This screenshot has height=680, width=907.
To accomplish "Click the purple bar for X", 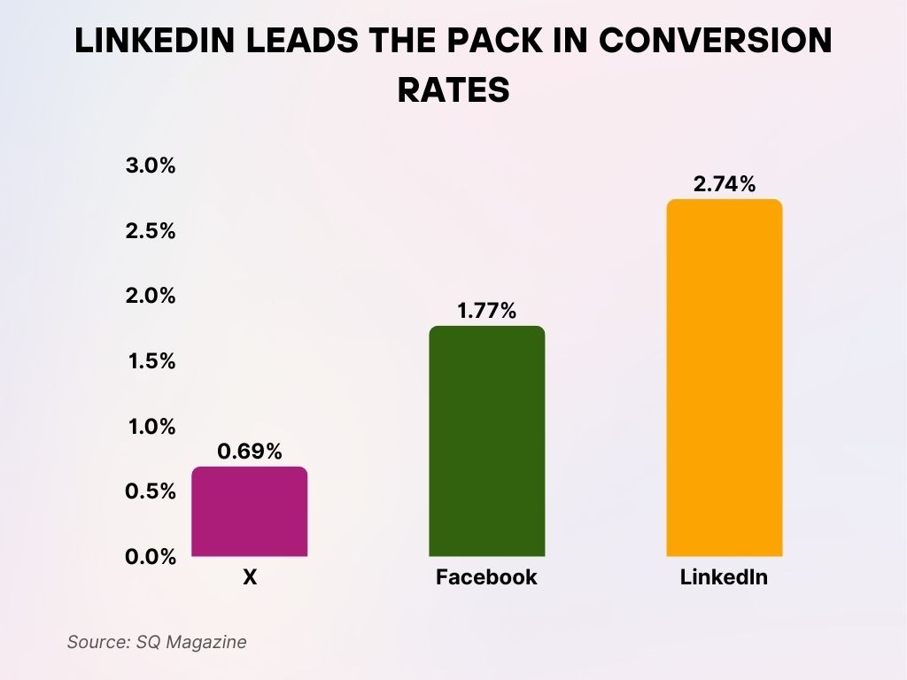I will click(250, 512).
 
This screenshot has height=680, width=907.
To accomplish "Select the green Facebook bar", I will click(486, 441).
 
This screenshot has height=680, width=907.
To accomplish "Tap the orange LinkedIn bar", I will click(724, 378).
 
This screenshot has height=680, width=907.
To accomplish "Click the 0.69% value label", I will click(250, 451).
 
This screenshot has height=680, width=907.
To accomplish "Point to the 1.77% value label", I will click(486, 311).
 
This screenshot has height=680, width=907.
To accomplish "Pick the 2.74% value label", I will click(724, 184).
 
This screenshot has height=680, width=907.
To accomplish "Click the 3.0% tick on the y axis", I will click(150, 166).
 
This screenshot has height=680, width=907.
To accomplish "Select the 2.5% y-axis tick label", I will click(150, 231).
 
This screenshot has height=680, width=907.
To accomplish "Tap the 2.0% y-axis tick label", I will click(150, 296).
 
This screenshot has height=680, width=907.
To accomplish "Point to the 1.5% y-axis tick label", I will click(150, 361).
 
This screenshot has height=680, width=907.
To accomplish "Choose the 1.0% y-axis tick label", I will click(150, 427).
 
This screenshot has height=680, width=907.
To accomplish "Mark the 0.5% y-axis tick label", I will click(150, 491).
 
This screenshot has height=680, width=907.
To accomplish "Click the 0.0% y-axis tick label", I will click(150, 557).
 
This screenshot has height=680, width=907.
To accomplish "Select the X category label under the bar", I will click(250, 578).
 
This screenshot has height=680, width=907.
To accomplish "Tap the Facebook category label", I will click(486, 578).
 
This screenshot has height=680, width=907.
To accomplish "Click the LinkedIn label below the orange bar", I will click(724, 578).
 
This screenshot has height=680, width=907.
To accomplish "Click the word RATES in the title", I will click(453, 89).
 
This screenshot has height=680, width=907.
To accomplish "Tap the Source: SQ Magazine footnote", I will click(157, 642).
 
